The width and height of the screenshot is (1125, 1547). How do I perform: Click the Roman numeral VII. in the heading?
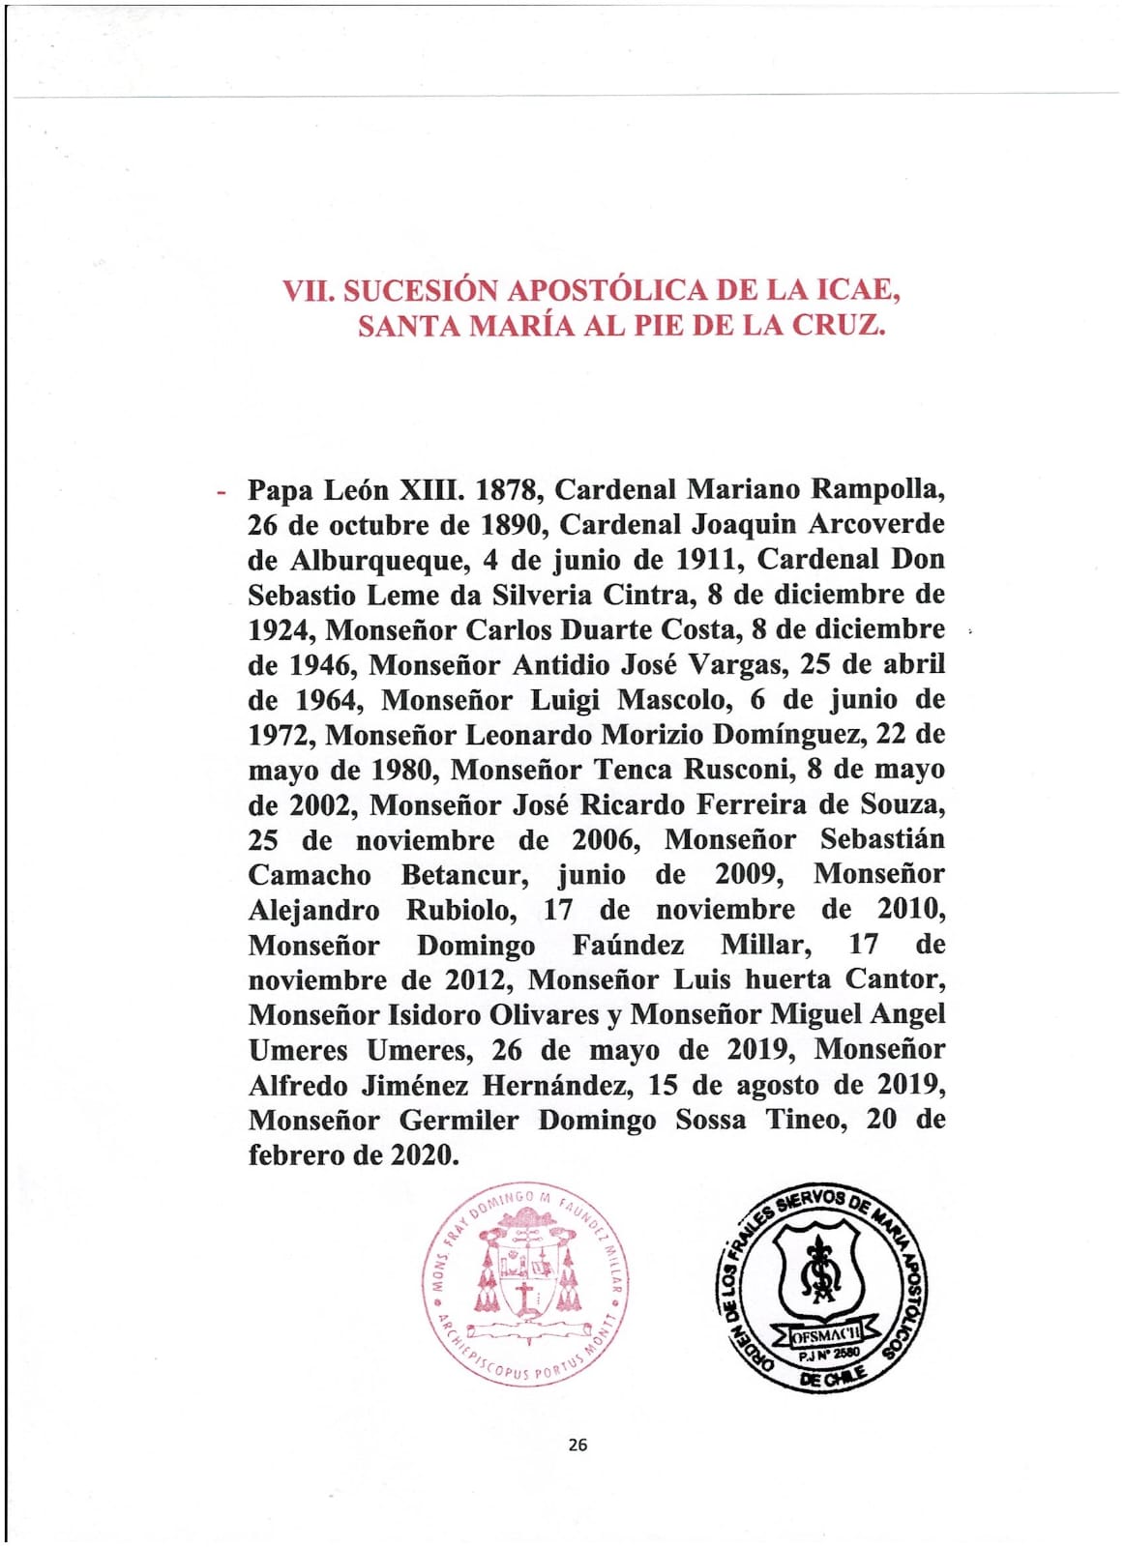[x=306, y=291]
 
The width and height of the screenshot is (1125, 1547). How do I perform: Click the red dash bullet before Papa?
[x=222, y=491]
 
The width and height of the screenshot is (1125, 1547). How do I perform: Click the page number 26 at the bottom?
[x=577, y=1445]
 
